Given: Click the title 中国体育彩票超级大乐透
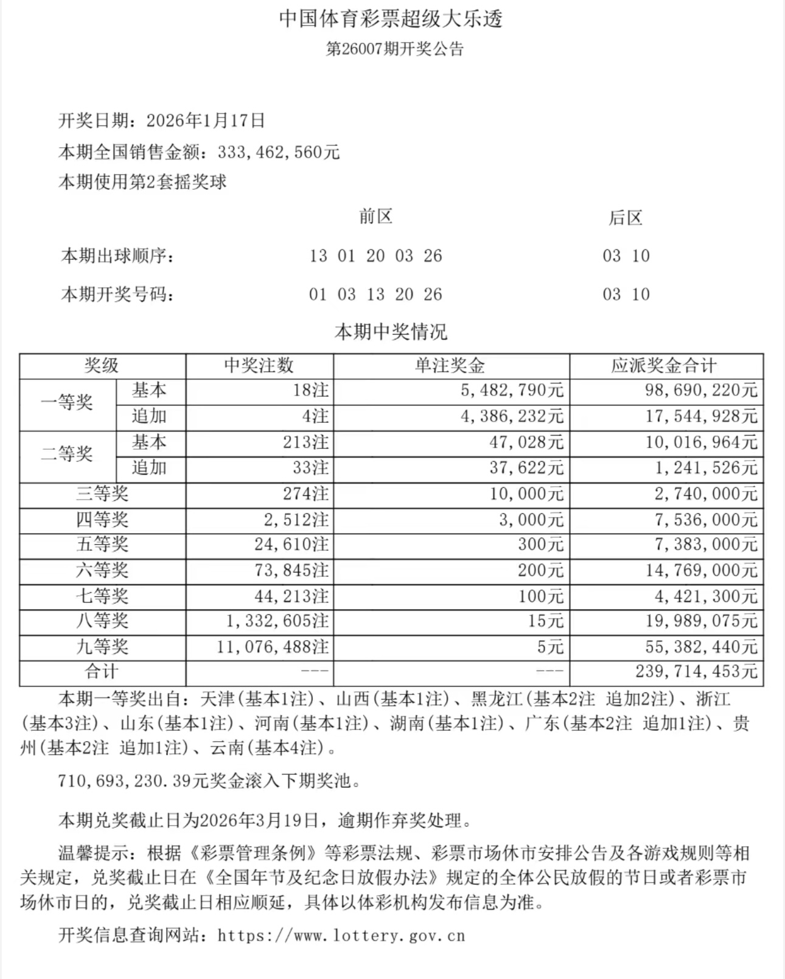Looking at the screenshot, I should (x=391, y=19).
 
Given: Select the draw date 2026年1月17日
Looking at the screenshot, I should (x=206, y=120).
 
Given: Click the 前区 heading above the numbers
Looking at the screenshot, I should (x=375, y=217).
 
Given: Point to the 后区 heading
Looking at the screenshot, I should (x=626, y=218).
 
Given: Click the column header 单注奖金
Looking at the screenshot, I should (x=450, y=366).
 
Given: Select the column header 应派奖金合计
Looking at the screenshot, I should (x=665, y=366).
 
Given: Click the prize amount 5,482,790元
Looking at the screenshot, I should (x=512, y=391).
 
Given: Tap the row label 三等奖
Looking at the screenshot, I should (x=102, y=493).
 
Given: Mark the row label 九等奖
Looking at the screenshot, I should (x=102, y=646).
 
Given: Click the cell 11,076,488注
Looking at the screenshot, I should (x=273, y=647).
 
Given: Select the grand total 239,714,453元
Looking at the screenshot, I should (x=696, y=672).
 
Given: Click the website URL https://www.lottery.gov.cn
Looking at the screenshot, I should (x=341, y=935).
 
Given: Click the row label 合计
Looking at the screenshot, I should (x=102, y=672).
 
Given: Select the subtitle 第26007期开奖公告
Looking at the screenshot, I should (x=395, y=49).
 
